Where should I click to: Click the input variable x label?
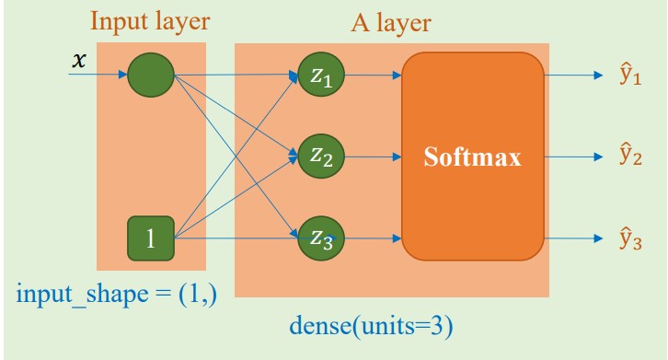[81, 61]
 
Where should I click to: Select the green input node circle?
[151, 76]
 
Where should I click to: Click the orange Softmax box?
[472, 157]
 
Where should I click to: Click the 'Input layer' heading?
[151, 21]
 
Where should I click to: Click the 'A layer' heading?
[390, 21]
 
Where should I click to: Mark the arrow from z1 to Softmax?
[373, 77]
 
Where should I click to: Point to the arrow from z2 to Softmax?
[373, 157]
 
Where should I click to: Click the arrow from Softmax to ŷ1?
[575, 76]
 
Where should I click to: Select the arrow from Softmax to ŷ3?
[575, 238]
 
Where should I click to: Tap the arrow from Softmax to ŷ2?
[575, 157]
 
